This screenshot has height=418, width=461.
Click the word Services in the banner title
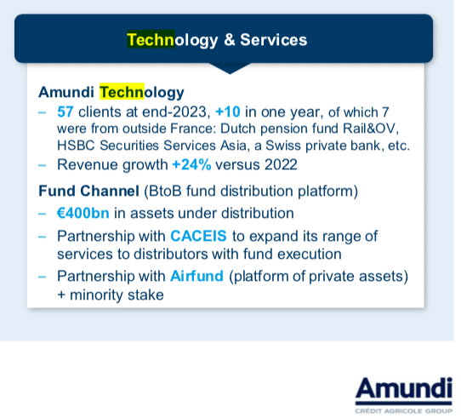(x=273, y=40)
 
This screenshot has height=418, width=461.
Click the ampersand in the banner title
(x=230, y=40)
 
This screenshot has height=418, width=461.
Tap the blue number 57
(x=65, y=112)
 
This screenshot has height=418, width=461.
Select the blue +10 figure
(x=228, y=112)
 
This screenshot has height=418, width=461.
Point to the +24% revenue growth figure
(x=191, y=164)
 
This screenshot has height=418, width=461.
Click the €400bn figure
(x=83, y=213)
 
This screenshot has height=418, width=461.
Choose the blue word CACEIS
(x=198, y=236)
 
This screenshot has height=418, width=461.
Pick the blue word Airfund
(x=196, y=276)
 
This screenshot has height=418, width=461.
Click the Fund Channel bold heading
(x=88, y=191)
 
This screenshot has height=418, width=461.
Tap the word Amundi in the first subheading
(x=66, y=92)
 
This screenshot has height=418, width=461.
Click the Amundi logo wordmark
(x=404, y=387)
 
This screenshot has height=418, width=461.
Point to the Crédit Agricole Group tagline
(x=404, y=410)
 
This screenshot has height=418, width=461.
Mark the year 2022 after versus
(x=281, y=164)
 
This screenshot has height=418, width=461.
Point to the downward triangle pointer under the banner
(x=230, y=68)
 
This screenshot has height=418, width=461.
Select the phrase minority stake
(x=117, y=295)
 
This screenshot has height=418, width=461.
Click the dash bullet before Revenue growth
(x=42, y=165)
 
